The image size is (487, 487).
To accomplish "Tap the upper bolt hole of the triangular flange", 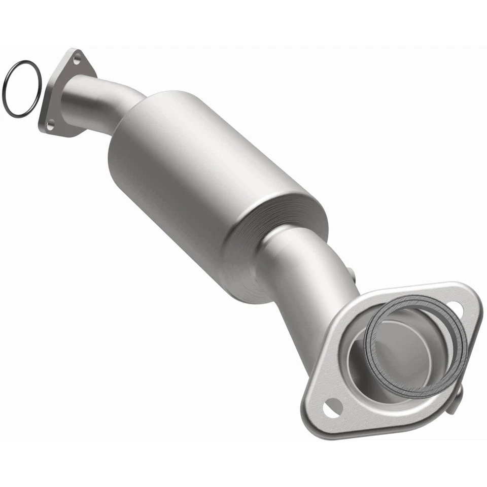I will pyautogui.click(x=77, y=60).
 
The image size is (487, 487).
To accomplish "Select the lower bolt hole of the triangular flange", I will pyautogui.click(x=50, y=123).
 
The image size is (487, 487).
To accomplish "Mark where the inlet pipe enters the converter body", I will pyautogui.click(x=133, y=109).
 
